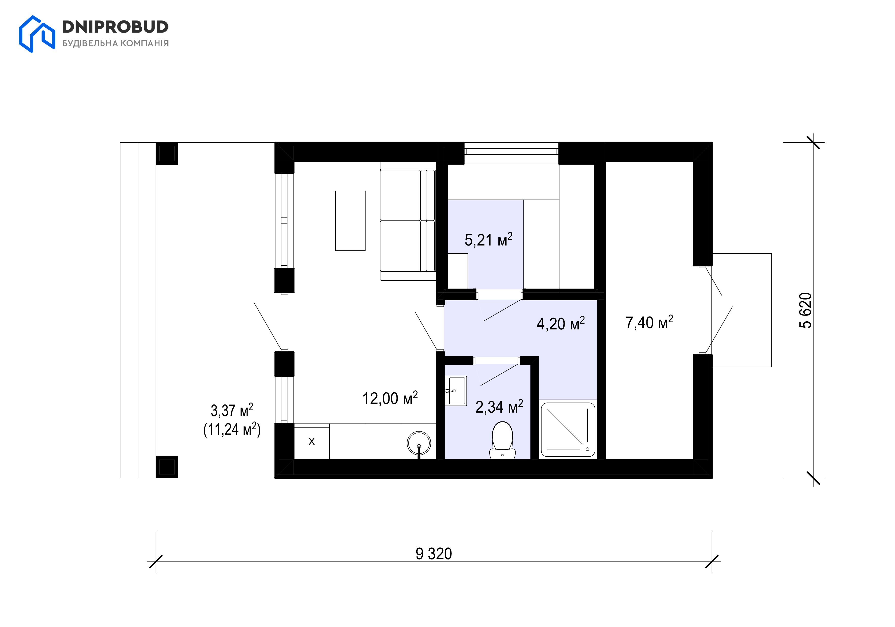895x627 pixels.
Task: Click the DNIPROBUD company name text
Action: (x=115, y=27)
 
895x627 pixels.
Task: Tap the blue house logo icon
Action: (x=37, y=34)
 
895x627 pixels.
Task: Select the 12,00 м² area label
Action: (x=390, y=398)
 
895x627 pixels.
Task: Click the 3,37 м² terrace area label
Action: (x=232, y=410)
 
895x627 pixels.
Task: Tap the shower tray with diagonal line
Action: (x=568, y=430)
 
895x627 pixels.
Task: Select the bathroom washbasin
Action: (x=456, y=391)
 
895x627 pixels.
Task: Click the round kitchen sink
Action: (x=419, y=443)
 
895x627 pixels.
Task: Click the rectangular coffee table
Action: (x=350, y=220)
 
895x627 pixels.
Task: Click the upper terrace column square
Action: (x=167, y=153)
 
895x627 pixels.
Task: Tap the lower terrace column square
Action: (x=167, y=467)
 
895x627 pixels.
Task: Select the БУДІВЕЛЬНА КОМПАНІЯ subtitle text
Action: (x=115, y=43)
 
